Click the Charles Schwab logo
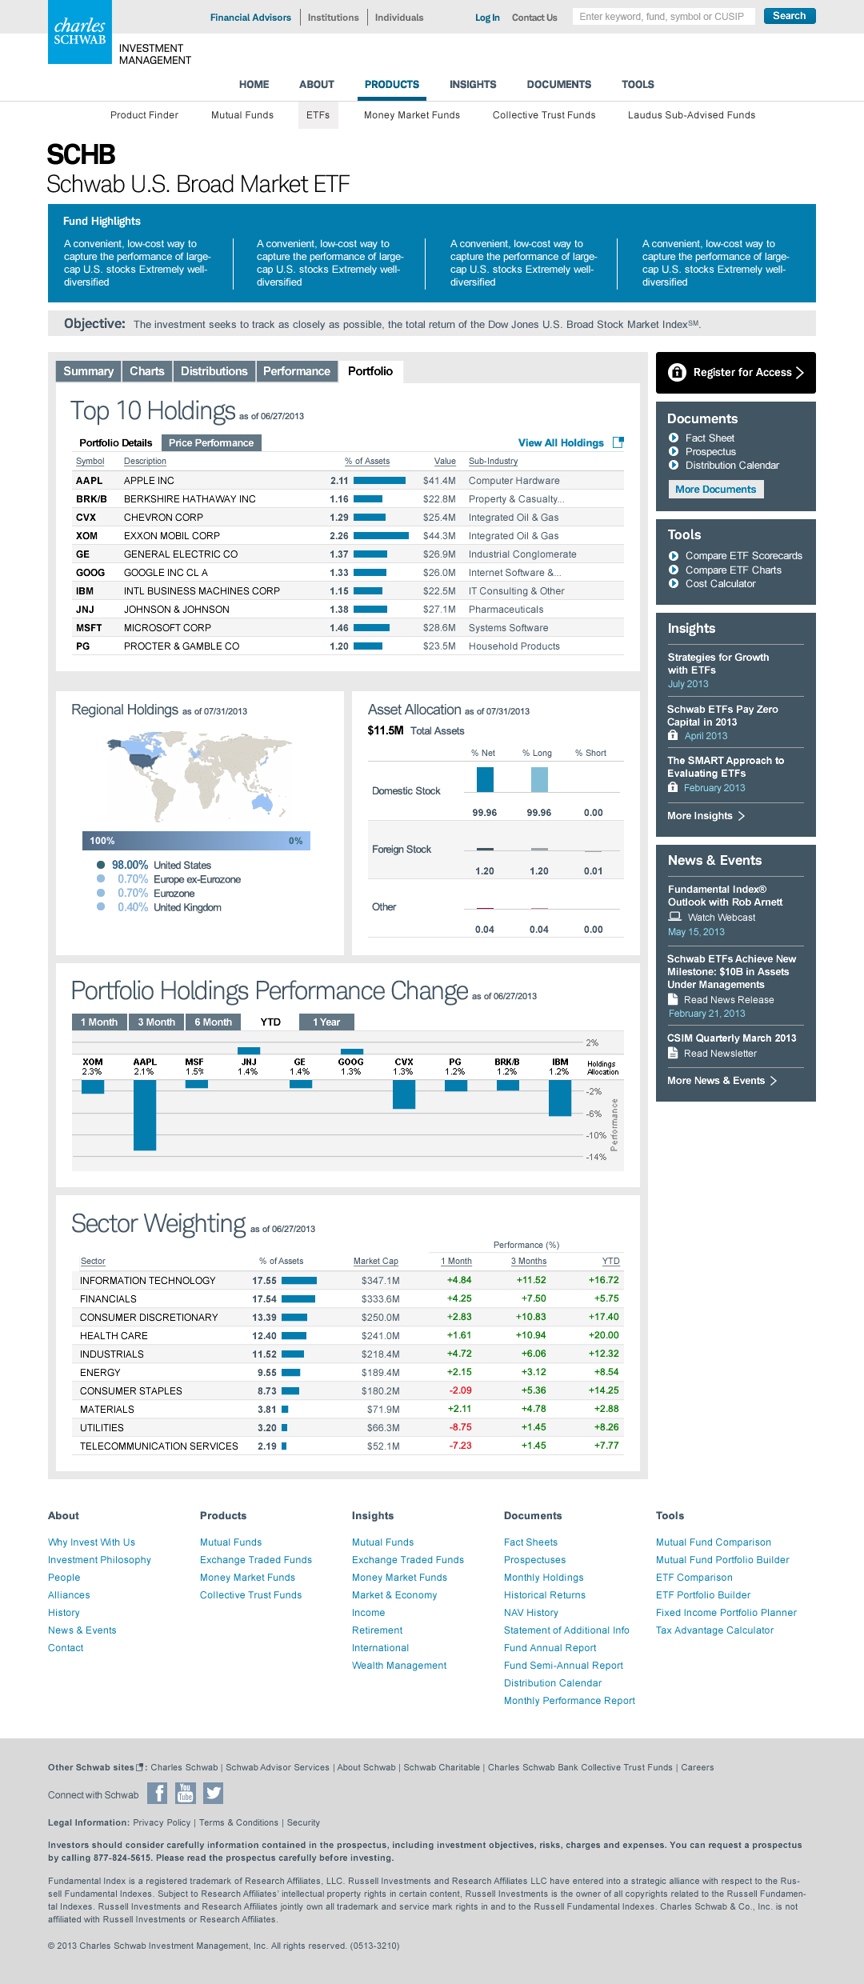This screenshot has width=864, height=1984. tap(80, 32)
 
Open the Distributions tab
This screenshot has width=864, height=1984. tap(214, 371)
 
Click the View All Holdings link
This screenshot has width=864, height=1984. tap(561, 442)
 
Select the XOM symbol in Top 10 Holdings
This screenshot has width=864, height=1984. tap(86, 536)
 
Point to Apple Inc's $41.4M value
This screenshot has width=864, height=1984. tap(439, 481)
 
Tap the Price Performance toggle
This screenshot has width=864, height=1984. tap(211, 442)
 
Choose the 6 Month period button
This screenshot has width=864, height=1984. tap(213, 1022)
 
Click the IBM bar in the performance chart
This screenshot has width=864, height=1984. tap(560, 1098)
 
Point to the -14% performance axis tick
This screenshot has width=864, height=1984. tap(596, 1157)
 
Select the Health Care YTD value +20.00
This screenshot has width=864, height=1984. tap(603, 1335)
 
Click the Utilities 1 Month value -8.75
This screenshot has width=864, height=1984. tap(460, 1427)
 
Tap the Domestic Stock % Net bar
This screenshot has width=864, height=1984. tap(485, 779)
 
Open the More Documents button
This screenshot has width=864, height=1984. tap(715, 490)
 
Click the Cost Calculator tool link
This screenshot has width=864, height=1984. tap(720, 584)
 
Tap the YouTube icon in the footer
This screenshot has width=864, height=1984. tap(186, 1793)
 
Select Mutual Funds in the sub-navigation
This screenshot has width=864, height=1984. tap(242, 115)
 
